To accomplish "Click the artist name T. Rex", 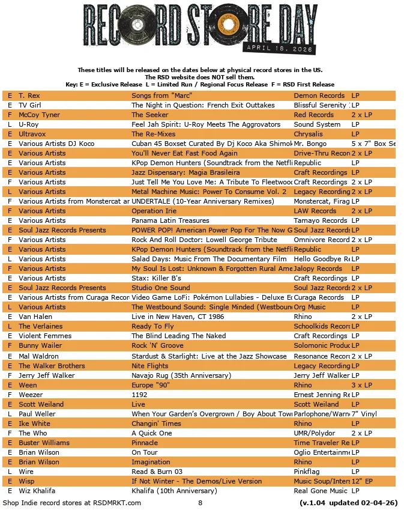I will click(x=29, y=96).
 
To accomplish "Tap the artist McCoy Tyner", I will click(x=39, y=115).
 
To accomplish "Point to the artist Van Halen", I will click(x=35, y=317).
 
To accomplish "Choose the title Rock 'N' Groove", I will click(x=157, y=345).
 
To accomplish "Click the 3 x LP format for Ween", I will click(x=362, y=385).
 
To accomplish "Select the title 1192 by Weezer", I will click(x=139, y=395).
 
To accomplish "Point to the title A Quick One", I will click(x=152, y=433).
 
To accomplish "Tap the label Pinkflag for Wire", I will click(x=307, y=472).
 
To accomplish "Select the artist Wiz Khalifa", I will click(x=37, y=491).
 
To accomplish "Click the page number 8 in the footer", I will click(x=200, y=503).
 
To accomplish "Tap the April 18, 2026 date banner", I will click(x=280, y=46).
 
